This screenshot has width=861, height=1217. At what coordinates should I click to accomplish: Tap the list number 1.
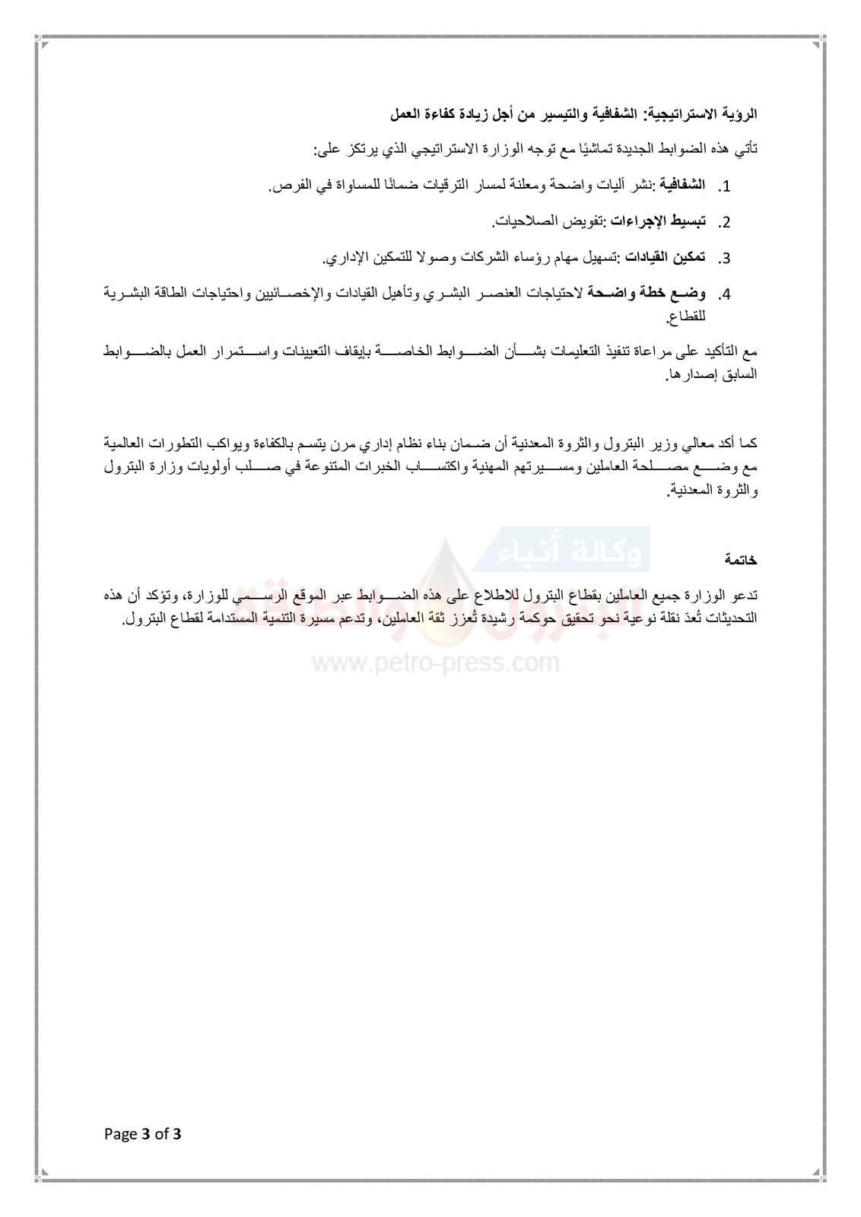[724, 187]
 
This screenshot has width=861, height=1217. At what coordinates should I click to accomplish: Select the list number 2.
[724, 223]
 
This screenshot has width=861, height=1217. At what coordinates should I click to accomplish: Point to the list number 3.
[724, 259]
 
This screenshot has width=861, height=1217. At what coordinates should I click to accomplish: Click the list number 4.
[724, 294]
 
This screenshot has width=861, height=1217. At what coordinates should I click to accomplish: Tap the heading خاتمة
[741, 560]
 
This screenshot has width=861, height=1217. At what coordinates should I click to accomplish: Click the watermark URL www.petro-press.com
[436, 663]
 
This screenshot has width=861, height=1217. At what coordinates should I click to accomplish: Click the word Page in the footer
[121, 1135]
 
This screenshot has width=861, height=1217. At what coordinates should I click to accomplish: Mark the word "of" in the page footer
[161, 1135]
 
